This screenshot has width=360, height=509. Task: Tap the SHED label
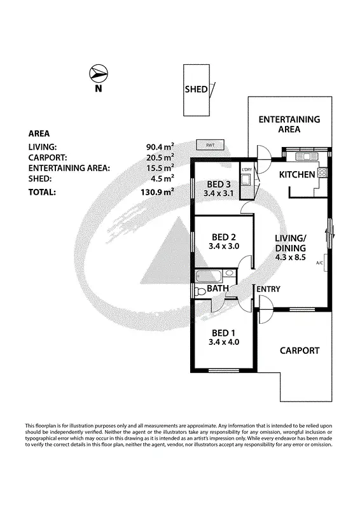[196, 89]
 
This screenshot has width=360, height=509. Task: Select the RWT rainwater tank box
[210, 145]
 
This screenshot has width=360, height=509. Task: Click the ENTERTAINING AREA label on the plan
[289, 124]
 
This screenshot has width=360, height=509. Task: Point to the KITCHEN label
[297, 174]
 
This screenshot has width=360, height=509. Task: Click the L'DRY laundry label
[247, 169]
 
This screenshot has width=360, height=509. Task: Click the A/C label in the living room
[319, 263]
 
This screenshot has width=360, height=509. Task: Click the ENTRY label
[268, 289]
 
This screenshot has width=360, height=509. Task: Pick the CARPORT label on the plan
[299, 351]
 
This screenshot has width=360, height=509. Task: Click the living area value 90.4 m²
[160, 146]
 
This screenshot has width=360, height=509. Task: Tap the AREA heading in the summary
[40, 134]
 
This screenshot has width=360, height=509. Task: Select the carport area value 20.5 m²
[160, 157]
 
